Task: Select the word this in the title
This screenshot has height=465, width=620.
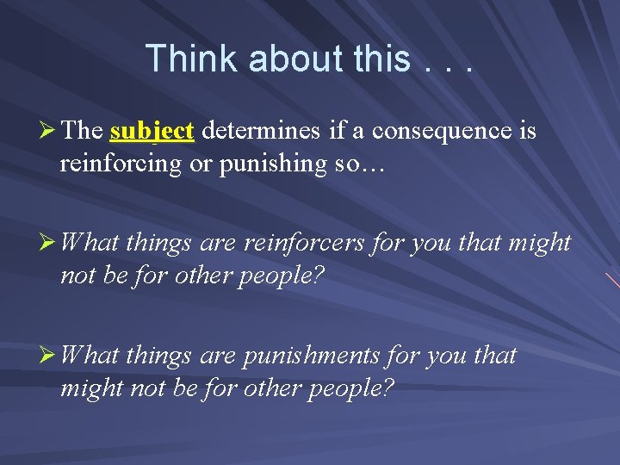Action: (x=381, y=59)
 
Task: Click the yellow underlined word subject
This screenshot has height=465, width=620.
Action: (x=152, y=131)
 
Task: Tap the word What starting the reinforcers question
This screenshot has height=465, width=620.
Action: (x=90, y=244)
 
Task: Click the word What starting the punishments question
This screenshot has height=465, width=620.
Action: (x=90, y=356)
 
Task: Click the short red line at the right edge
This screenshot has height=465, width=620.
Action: (x=612, y=280)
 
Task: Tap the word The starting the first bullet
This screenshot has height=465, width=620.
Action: (x=83, y=131)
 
